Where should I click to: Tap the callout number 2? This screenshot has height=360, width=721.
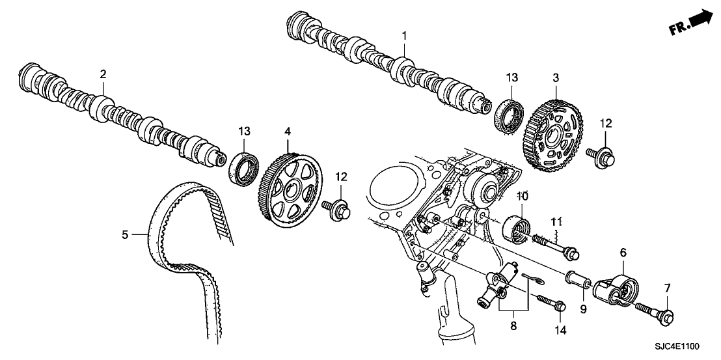pyautogui.click(x=103, y=74)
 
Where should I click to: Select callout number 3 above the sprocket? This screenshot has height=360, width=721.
pyautogui.click(x=555, y=77)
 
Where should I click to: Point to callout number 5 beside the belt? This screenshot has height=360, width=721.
pyautogui.click(x=125, y=232)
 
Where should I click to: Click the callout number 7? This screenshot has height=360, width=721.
pyautogui.click(x=666, y=287)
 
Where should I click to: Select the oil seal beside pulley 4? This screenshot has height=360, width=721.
pyautogui.click(x=242, y=166)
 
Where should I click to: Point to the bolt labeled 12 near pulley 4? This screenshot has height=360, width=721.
pyautogui.click(x=340, y=209)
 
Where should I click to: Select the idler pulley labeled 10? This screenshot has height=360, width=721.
pyautogui.click(x=519, y=228)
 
